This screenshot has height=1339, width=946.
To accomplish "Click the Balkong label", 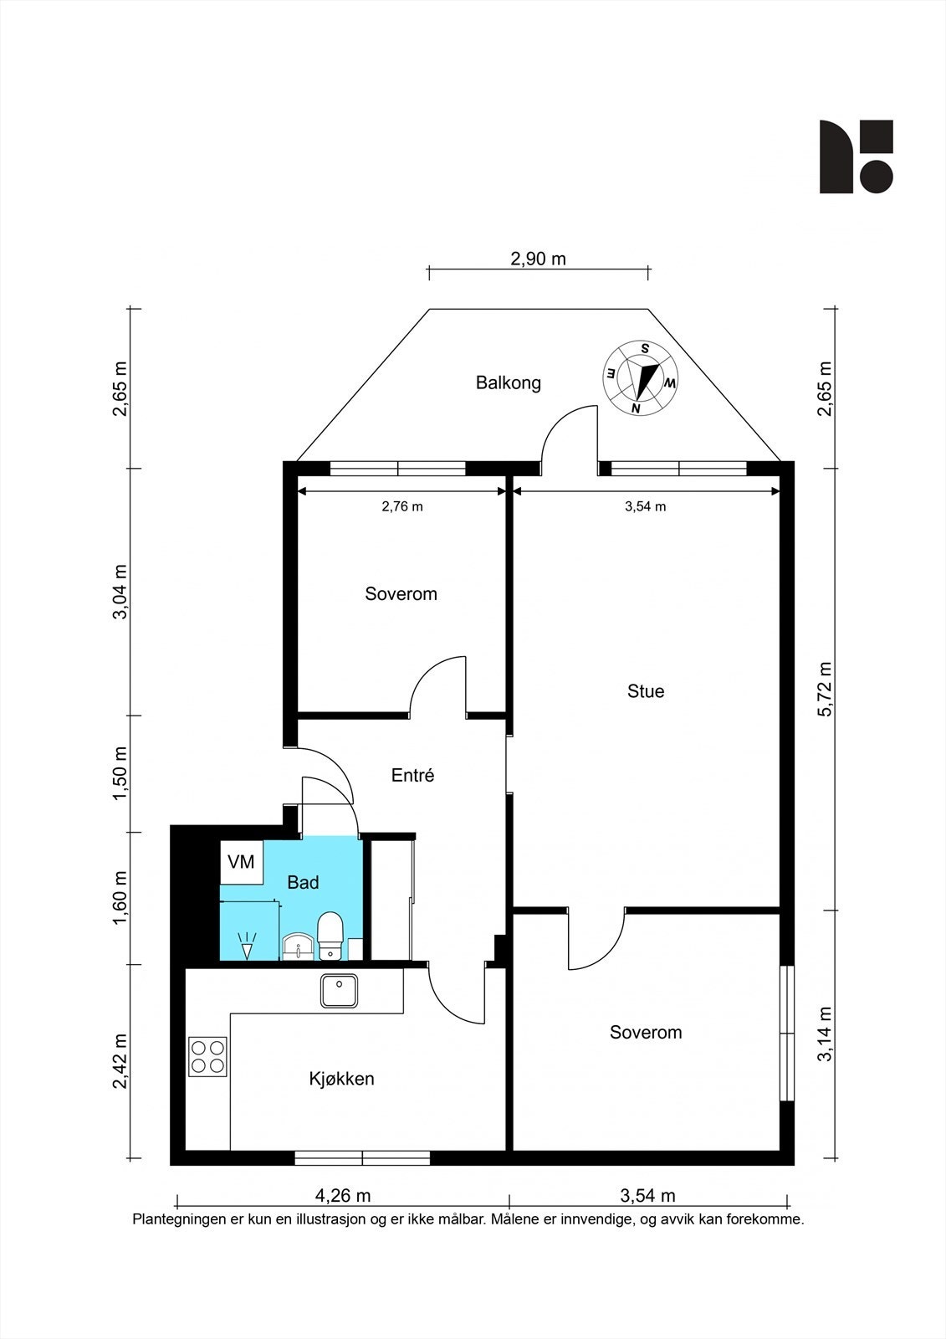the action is [x=508, y=382].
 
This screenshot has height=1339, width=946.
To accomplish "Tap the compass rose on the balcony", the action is [x=640, y=377].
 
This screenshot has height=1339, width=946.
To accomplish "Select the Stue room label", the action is [x=646, y=691].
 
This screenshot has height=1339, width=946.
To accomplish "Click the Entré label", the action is [x=412, y=775].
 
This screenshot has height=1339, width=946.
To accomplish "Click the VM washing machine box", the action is [x=242, y=862].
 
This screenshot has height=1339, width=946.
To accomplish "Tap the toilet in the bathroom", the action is [x=329, y=935].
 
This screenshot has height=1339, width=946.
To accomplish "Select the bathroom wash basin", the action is [x=298, y=947].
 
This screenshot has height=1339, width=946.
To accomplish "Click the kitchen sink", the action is [x=339, y=991].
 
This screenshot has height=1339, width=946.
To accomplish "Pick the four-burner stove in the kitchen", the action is [x=208, y=1057].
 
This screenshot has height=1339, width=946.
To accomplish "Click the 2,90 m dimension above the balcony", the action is [x=538, y=259].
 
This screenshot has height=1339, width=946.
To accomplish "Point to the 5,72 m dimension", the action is [x=826, y=689].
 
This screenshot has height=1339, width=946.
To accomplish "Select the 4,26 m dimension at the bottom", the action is [x=342, y=1196].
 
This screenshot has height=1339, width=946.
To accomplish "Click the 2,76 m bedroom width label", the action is [x=402, y=506].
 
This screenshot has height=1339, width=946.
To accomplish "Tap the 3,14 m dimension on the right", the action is [x=826, y=1034].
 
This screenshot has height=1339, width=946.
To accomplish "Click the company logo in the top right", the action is [x=856, y=156].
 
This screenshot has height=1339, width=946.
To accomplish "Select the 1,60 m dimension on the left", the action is [x=120, y=897].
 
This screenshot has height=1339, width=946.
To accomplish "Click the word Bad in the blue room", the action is [x=303, y=882].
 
